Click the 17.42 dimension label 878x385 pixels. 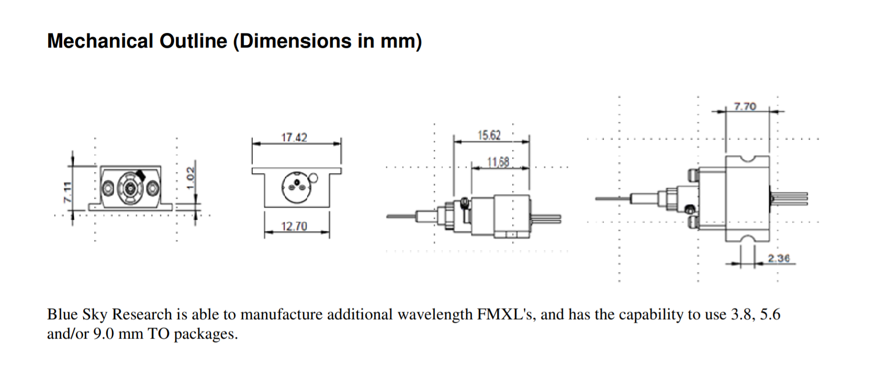coord(294,138)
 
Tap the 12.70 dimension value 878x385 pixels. coord(294,227)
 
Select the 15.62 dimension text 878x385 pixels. coord(489,135)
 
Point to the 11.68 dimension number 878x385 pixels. coord(498,162)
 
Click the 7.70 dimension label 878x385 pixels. coord(745,107)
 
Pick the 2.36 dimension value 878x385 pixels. coord(779,258)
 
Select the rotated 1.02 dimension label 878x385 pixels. coord(192,174)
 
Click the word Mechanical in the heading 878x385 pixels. coord(100,41)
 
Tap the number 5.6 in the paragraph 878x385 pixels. coord(770,314)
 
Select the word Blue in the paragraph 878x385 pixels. coord(63,314)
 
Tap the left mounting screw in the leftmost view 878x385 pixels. coord(108,188)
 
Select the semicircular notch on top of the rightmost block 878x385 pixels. coord(747,158)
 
